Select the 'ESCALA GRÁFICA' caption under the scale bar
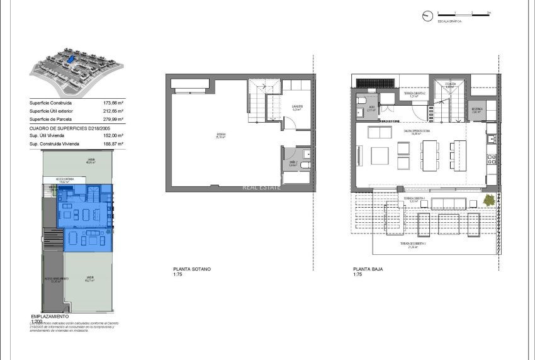coord(451,21)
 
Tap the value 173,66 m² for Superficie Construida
coord(113,103)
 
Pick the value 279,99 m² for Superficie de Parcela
coord(113,119)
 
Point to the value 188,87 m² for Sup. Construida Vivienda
coord(113,143)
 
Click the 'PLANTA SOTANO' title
coord(192,269)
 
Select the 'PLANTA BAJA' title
coord(368,269)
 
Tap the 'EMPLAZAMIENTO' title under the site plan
coord(54,316)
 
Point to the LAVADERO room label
coord(296,106)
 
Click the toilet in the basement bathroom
coord(305,166)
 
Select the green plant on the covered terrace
coord(488,200)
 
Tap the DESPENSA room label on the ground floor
coord(476,108)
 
